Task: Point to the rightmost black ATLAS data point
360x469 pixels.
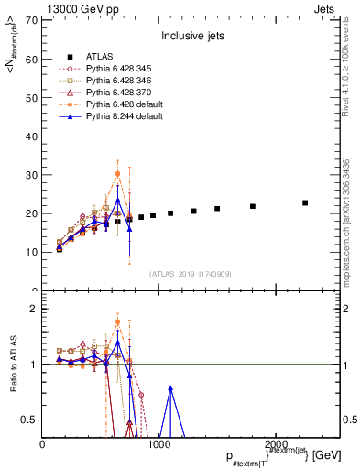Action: pos(305,202)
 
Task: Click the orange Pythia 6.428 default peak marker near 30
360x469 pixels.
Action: pos(117,173)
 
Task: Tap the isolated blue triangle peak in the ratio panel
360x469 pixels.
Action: pos(170,387)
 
